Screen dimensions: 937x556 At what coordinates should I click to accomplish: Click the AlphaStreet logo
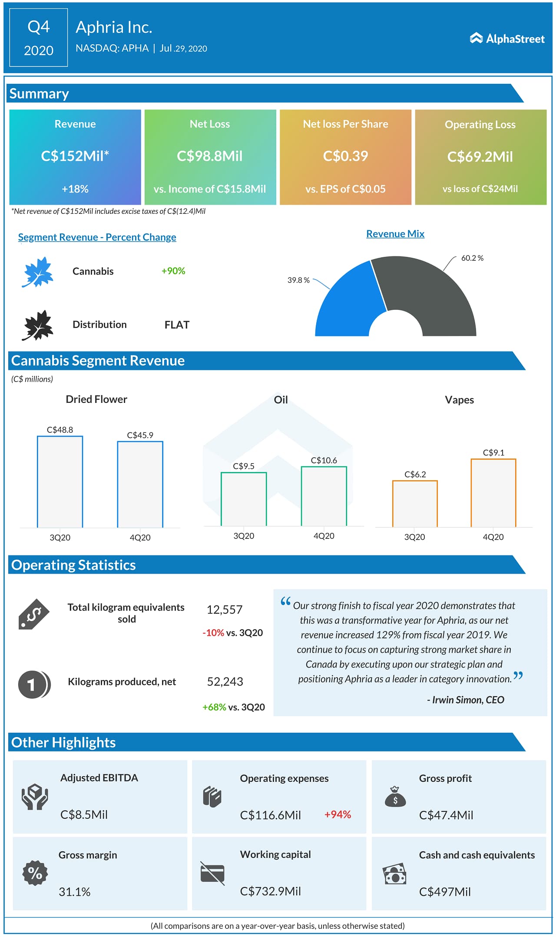[x=507, y=39]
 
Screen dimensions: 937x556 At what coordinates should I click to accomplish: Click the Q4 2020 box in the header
[x=39, y=38]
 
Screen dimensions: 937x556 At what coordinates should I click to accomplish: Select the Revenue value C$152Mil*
[x=75, y=156]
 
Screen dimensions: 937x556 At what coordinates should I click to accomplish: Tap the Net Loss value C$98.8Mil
[x=209, y=156]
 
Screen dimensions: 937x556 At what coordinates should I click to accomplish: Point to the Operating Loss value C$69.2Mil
[x=480, y=156]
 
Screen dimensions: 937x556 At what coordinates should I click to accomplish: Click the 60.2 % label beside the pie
[x=472, y=258]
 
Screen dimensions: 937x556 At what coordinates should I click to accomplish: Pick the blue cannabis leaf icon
[x=38, y=272]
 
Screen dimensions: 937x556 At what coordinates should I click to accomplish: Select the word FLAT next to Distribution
[x=177, y=325]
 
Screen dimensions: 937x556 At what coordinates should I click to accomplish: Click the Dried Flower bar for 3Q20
[x=60, y=482]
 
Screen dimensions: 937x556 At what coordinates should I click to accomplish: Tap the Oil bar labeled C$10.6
[x=324, y=496]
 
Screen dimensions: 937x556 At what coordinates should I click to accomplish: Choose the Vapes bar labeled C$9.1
[x=493, y=493]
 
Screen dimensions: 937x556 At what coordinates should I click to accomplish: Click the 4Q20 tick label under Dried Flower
[x=140, y=538]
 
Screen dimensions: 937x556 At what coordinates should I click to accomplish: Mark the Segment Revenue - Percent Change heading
[x=97, y=237]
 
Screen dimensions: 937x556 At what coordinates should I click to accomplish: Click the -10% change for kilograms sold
[x=213, y=633]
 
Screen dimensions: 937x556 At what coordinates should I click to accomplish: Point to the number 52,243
[x=225, y=681]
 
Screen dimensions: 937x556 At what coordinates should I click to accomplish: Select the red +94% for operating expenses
[x=338, y=814]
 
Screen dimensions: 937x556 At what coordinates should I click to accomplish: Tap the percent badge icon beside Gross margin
[x=35, y=873]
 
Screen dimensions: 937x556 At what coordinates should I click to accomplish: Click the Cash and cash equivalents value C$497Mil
[x=445, y=892]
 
